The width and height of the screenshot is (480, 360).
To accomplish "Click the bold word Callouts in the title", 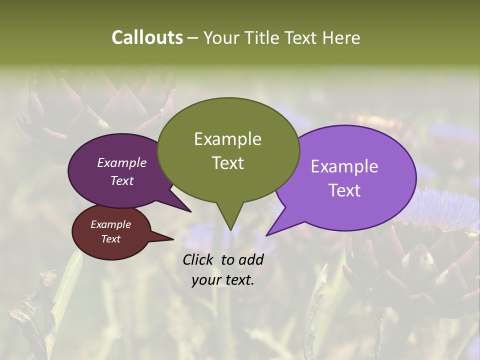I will (x=147, y=37).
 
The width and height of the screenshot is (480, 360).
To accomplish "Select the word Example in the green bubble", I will (x=227, y=139).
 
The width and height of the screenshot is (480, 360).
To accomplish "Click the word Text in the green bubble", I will (x=227, y=163).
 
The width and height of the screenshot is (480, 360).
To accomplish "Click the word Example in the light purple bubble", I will (x=344, y=166).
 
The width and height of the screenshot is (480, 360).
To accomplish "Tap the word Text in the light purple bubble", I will (x=344, y=190).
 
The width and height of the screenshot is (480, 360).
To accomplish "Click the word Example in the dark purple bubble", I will (x=121, y=162).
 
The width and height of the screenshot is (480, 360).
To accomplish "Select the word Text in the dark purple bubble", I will (x=121, y=180).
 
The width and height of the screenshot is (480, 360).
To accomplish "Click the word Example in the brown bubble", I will (x=110, y=224).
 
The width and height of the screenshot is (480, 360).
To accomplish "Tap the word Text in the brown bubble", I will (x=110, y=239).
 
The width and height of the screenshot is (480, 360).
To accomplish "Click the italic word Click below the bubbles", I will (x=199, y=259).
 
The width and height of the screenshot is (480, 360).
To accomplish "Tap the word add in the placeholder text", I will (x=250, y=259).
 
